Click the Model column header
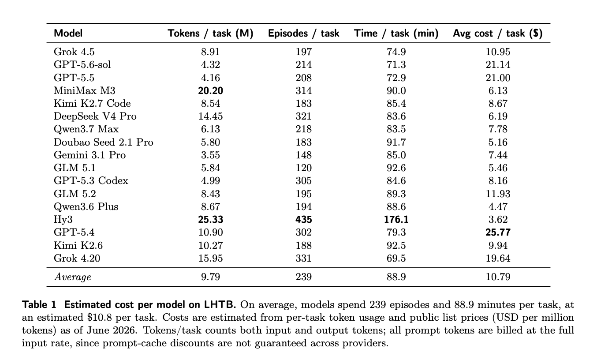point(68,34)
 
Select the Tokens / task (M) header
point(210,34)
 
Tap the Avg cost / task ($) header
point(498,34)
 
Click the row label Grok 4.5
point(74,52)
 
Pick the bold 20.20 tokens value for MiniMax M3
point(210,91)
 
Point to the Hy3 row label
point(63,219)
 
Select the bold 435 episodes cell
point(303,219)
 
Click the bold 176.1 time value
point(396,219)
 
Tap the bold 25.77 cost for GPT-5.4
point(498,232)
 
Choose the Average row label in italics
point(73,277)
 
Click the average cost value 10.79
point(498,277)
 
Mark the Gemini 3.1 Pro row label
point(90,155)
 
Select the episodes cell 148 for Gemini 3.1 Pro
point(303,155)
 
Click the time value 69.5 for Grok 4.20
point(396,258)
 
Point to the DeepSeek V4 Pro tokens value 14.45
point(210,116)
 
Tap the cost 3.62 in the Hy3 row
point(498,219)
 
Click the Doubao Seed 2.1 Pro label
point(104,142)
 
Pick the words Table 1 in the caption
point(39,304)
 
